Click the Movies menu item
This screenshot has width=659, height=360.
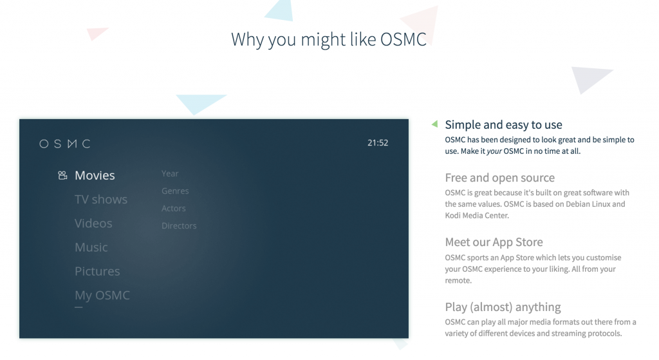[x=95, y=176]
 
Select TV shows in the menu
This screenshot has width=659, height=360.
[x=101, y=200]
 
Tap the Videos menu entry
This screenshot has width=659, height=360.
[x=93, y=223]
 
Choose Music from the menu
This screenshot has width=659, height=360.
[x=91, y=247]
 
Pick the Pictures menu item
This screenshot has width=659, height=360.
[x=97, y=271]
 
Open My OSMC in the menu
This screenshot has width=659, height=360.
[x=102, y=296]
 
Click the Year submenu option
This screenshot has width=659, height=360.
[x=170, y=174]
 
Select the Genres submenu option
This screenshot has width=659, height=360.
[x=175, y=191]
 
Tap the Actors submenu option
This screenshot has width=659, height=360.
[x=174, y=209]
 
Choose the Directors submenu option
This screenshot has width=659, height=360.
[x=179, y=226]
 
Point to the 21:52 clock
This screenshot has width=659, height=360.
[x=378, y=143]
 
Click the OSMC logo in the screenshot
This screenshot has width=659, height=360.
[x=65, y=144]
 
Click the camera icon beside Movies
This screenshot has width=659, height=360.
[x=62, y=175]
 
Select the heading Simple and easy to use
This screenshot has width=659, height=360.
[x=503, y=125]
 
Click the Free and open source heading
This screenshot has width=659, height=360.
[x=499, y=178]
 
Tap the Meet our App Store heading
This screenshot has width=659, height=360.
[x=494, y=242]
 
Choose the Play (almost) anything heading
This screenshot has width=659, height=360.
[x=503, y=307]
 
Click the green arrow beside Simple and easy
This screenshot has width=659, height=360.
[x=434, y=124]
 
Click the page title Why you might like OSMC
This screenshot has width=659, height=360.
[x=329, y=39]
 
